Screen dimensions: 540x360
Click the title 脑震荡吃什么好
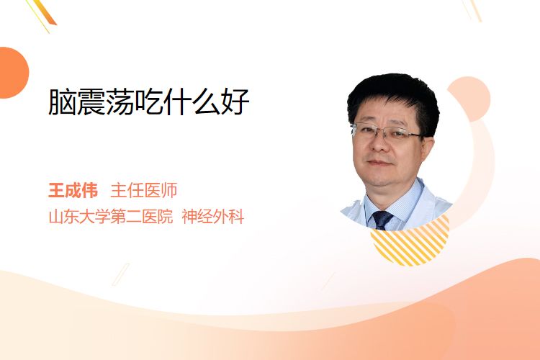(x=148, y=102)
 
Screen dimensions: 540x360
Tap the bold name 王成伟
(x=73, y=190)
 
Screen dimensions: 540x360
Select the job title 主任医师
(x=143, y=190)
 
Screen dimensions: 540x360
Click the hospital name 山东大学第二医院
(x=111, y=217)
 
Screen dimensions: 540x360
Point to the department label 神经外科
(x=213, y=217)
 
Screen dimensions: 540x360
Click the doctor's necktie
(x=382, y=220)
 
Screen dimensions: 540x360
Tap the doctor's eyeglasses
(x=387, y=132)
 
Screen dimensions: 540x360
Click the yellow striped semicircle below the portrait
(x=410, y=243)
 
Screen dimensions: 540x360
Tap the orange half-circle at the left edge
(x=13, y=73)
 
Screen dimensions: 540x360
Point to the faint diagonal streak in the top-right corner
(x=474, y=9)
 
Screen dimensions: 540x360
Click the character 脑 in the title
(x=62, y=102)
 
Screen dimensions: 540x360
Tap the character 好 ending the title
(x=235, y=102)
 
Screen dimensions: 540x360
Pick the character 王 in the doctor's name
(x=56, y=190)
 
